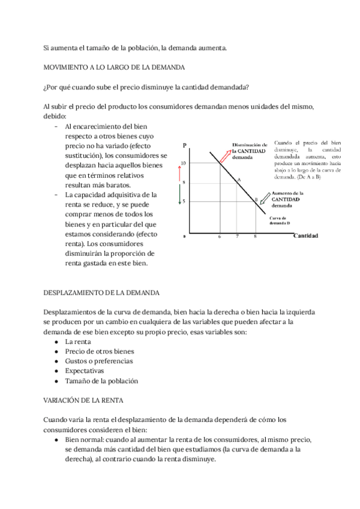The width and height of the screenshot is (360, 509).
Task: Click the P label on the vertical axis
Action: (x=185, y=145)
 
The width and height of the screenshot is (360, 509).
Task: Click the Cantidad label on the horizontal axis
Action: (x=305, y=235)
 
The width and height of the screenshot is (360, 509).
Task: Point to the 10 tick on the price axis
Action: (x=183, y=163)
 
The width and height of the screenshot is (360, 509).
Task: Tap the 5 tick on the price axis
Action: (x=184, y=201)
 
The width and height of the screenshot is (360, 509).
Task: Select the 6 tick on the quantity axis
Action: (x=220, y=237)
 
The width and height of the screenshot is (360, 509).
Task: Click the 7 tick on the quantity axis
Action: (x=238, y=237)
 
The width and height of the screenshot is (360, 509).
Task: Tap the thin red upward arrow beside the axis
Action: (x=178, y=172)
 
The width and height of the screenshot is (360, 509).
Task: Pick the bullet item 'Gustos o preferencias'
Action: (x=99, y=361)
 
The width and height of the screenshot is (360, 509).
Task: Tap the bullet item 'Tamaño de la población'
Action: (x=101, y=381)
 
